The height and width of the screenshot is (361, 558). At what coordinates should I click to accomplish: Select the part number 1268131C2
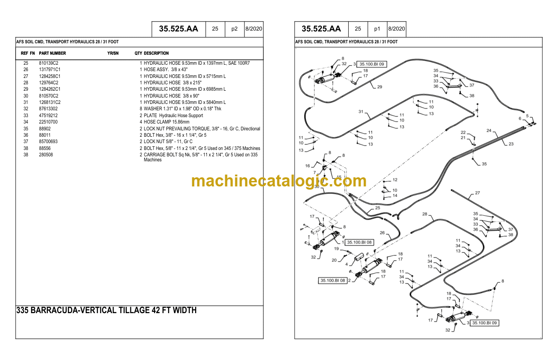click(50, 103)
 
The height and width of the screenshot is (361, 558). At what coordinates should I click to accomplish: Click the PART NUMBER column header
click(52, 53)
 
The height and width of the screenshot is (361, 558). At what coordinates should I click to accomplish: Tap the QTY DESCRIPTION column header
click(151, 53)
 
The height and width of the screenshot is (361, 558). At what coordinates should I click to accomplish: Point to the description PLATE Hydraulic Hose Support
click(173, 116)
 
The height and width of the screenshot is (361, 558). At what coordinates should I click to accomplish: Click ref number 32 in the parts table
click(26, 109)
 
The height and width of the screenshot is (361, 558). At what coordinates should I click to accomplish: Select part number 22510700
click(48, 122)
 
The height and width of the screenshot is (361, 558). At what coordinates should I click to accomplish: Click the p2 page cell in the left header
click(234, 29)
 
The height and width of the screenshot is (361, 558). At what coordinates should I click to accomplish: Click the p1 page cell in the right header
click(377, 29)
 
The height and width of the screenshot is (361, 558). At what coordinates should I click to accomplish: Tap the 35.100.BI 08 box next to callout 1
click(359, 242)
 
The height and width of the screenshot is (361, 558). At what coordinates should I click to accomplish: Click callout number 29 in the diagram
click(379, 87)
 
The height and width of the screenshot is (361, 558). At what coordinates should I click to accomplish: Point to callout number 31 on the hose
click(361, 112)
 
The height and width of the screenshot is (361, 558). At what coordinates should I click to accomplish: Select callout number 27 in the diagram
click(477, 193)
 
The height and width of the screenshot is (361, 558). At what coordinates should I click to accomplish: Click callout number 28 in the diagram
click(424, 214)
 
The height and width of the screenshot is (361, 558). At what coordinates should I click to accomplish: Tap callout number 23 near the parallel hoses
click(511, 144)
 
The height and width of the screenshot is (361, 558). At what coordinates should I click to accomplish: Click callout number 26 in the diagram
click(382, 233)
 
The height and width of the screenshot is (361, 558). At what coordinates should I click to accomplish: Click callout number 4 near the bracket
click(346, 264)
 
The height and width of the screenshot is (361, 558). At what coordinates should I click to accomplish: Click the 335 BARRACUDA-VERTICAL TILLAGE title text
click(106, 310)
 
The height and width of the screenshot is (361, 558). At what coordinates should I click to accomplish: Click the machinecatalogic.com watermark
click(279, 181)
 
